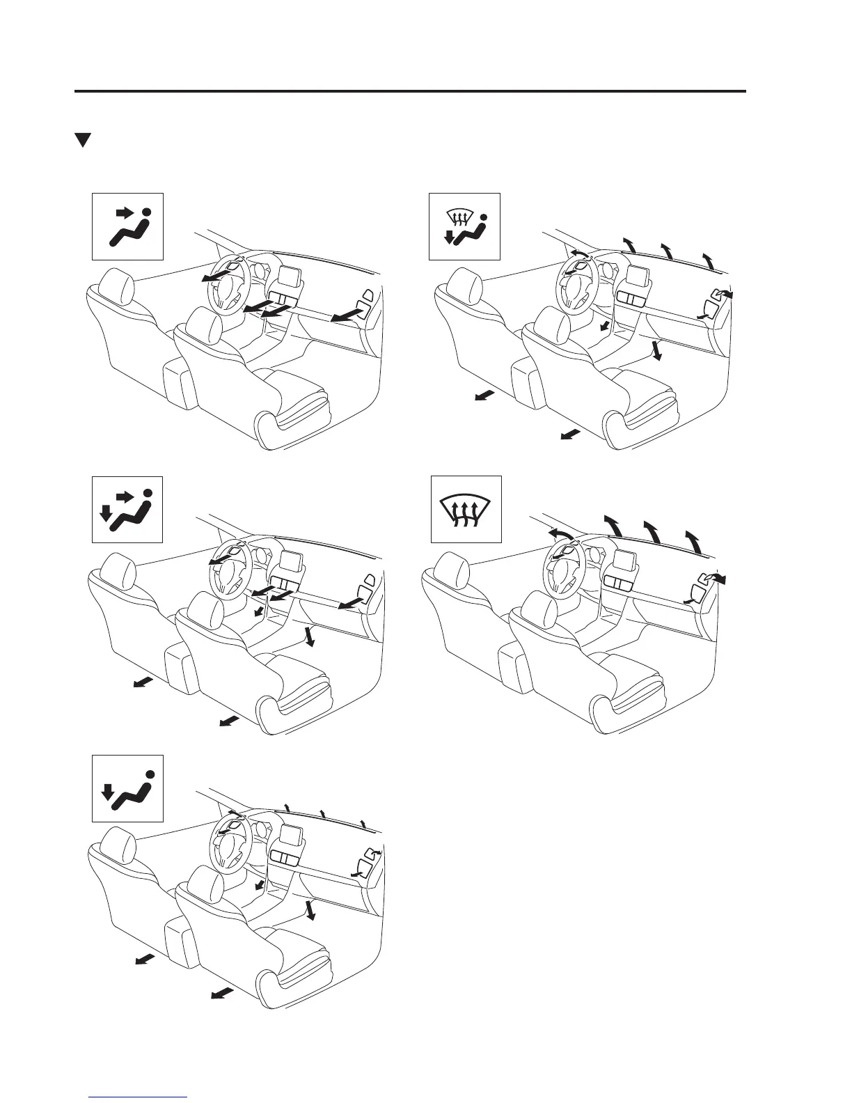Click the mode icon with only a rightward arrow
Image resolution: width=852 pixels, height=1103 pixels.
(127, 226)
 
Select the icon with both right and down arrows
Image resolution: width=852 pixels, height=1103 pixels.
(127, 510)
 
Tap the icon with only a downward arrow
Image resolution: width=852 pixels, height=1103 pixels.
(127, 788)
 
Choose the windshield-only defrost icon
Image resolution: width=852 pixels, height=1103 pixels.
(466, 510)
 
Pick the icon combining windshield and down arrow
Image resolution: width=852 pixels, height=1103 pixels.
(464, 226)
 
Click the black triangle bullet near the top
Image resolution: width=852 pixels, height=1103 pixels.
(84, 140)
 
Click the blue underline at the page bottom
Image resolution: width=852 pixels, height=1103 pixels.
(139, 1096)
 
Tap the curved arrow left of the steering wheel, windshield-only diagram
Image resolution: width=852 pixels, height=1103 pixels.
(560, 533)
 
